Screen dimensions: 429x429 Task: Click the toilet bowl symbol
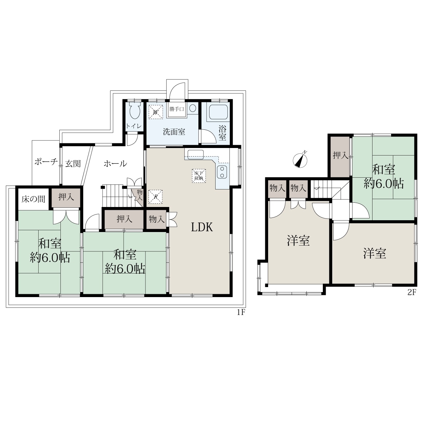click(135, 110)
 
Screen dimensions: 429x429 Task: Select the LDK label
click(202, 227)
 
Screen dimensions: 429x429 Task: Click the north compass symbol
click(301, 159)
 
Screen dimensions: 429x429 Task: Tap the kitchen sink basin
click(196, 155)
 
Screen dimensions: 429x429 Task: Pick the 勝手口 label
click(176, 109)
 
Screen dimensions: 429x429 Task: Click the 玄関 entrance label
click(73, 164)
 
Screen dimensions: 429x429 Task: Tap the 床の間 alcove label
click(33, 199)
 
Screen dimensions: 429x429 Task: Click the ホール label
click(115, 164)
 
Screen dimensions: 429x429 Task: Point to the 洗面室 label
click(174, 132)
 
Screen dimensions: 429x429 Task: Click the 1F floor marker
click(241, 312)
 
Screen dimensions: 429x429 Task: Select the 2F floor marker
click(411, 292)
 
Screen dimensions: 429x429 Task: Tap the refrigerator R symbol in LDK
click(156, 197)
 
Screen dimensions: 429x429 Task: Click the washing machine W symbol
click(156, 112)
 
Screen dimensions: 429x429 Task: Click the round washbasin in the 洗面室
click(193, 108)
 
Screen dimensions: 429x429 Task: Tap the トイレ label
click(134, 126)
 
